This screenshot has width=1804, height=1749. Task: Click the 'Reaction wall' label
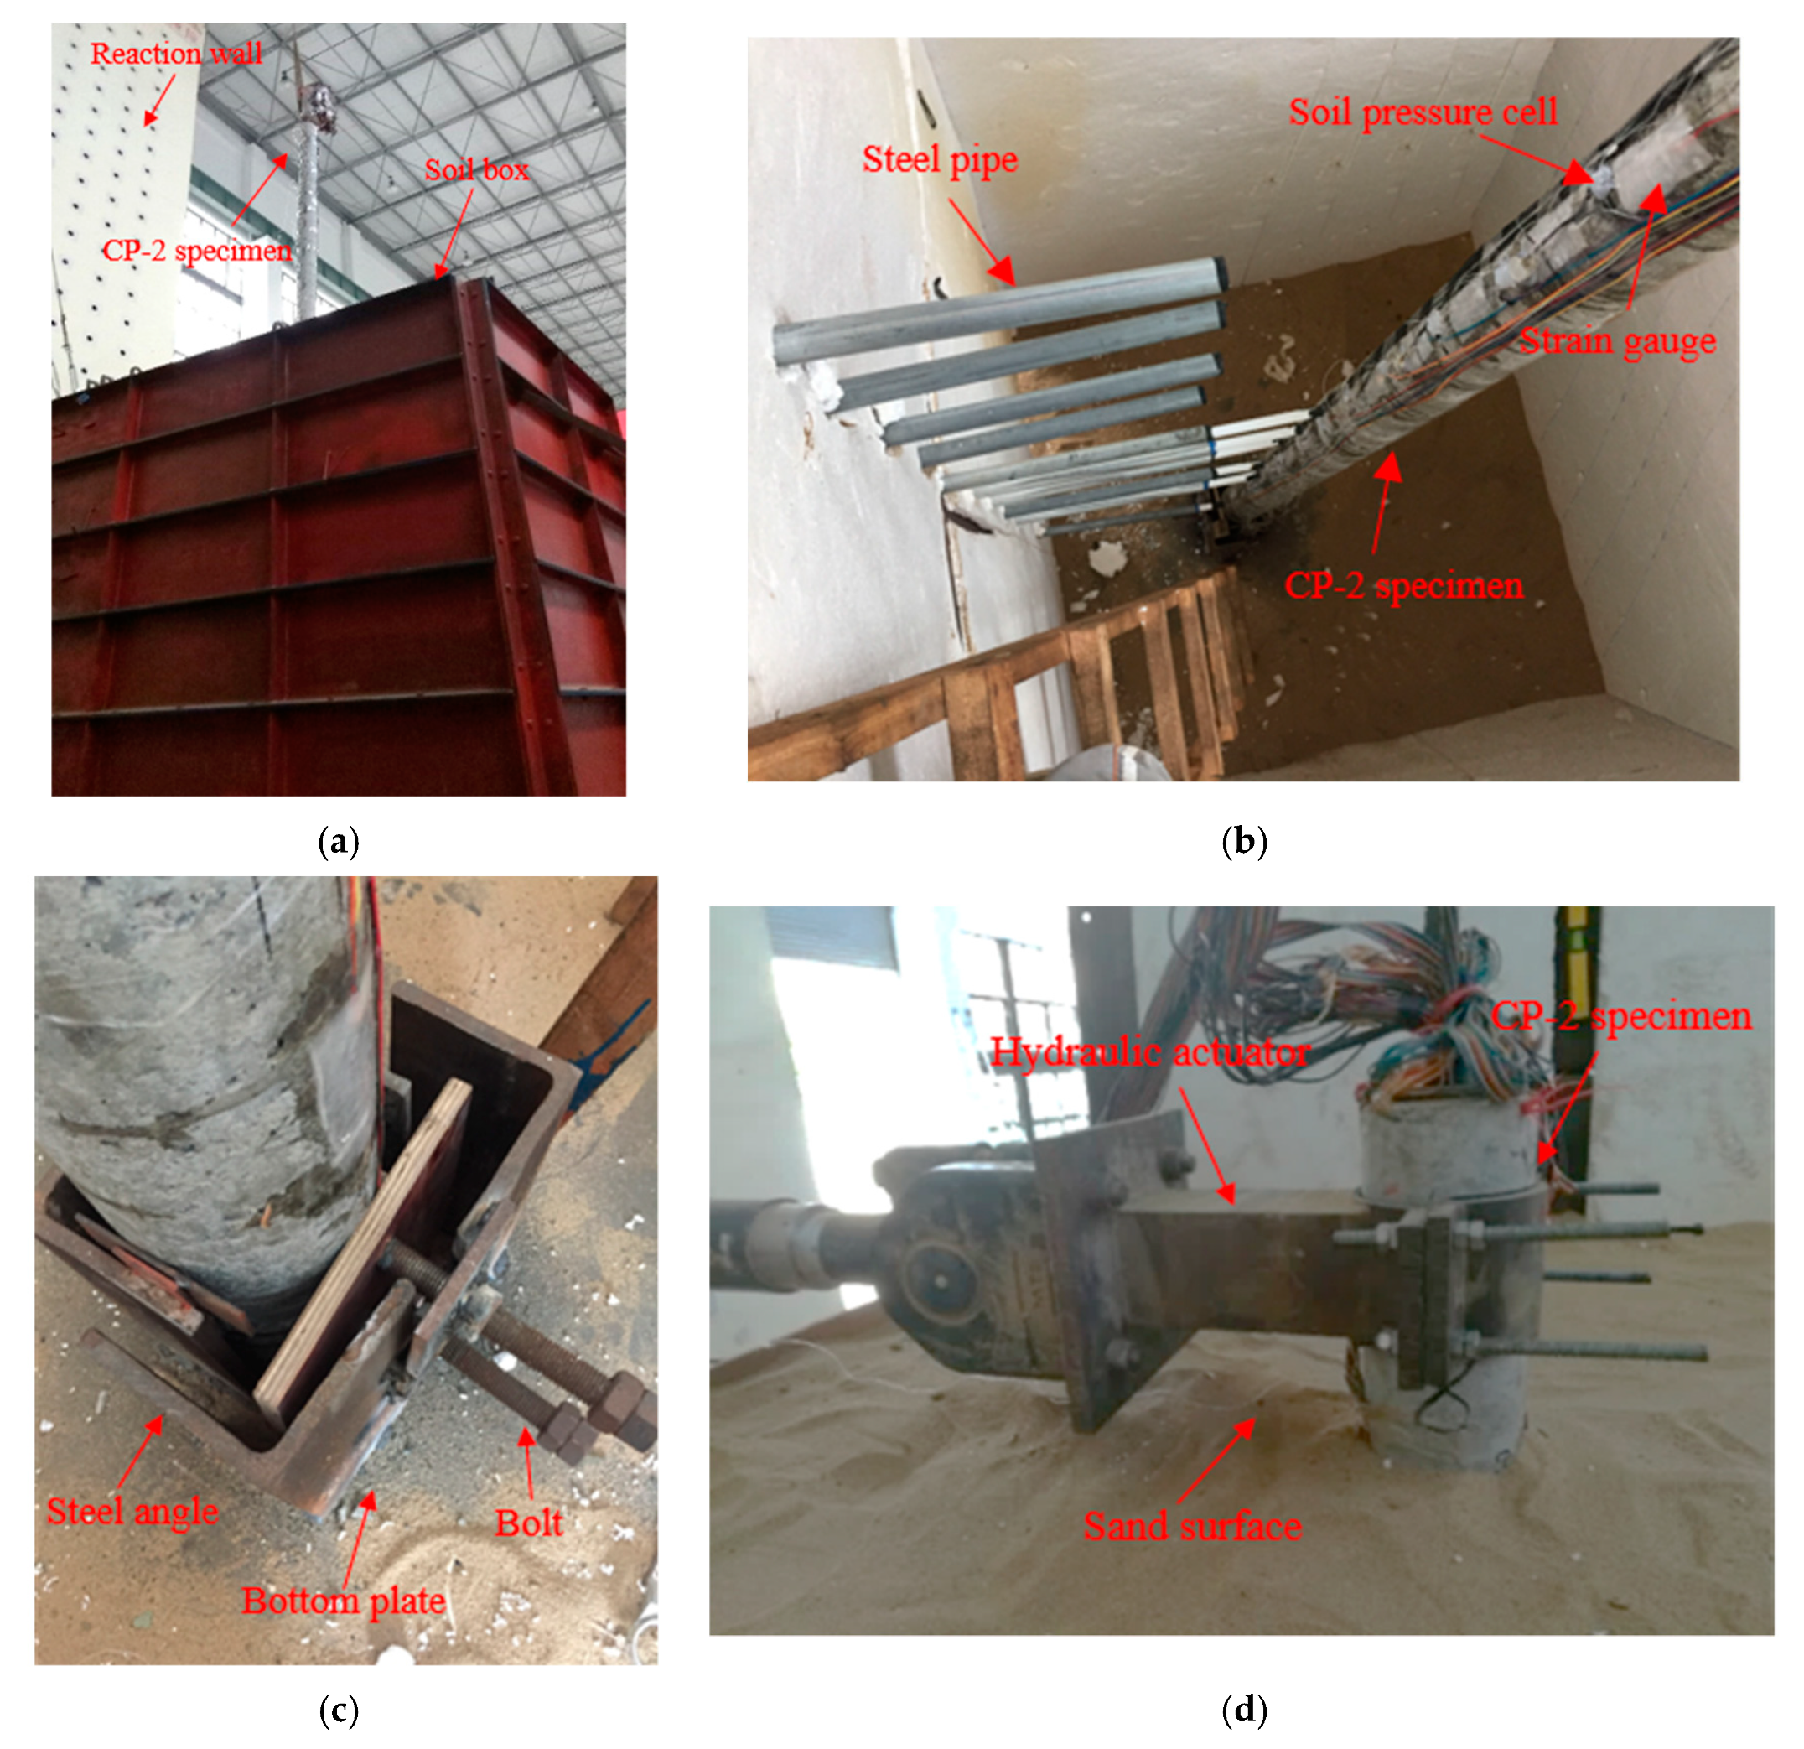(x=176, y=54)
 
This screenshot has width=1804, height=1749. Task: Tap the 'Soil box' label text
(x=477, y=169)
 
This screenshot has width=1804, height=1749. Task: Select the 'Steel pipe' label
(x=940, y=160)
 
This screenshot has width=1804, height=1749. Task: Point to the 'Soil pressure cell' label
(x=1423, y=112)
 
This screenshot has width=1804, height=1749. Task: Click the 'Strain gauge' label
(x=1617, y=340)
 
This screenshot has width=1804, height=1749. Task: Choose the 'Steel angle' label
(x=132, y=1511)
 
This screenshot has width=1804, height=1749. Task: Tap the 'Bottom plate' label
(x=344, y=1600)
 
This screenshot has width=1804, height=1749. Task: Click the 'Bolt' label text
(x=528, y=1523)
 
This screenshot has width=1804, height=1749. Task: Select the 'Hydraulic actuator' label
(x=1150, y=1052)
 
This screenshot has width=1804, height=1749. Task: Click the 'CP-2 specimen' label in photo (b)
(x=1403, y=585)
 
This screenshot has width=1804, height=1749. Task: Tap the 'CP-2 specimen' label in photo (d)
(x=1621, y=1016)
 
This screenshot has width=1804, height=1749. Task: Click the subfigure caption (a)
(x=338, y=841)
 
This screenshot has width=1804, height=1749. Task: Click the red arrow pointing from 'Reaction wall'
(x=160, y=101)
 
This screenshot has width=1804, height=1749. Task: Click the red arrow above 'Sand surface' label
(x=1215, y=1461)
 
